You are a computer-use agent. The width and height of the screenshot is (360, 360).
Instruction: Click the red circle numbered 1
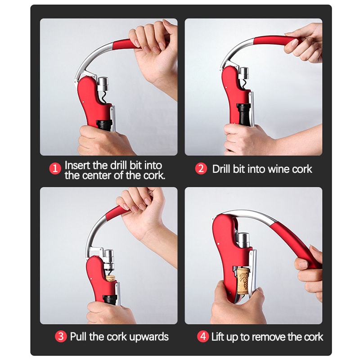[55, 169]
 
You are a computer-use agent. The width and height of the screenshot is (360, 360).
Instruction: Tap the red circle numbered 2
[201, 169]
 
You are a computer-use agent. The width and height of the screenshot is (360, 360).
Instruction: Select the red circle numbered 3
[60, 337]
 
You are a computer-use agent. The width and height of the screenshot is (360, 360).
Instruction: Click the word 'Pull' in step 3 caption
[79, 337]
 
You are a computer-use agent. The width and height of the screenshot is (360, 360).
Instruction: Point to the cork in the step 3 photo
[110, 281]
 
